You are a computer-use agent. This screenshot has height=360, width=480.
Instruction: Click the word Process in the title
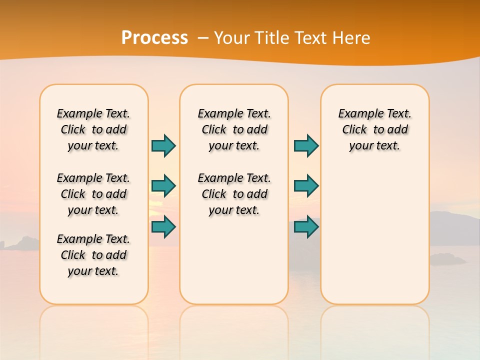click(x=154, y=37)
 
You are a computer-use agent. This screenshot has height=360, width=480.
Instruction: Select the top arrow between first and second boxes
click(x=163, y=145)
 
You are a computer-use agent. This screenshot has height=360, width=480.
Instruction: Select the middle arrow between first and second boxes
click(x=163, y=185)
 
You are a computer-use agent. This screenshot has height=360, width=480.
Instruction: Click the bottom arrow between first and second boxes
click(x=163, y=226)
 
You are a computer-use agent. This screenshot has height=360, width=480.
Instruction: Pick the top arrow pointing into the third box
click(x=306, y=145)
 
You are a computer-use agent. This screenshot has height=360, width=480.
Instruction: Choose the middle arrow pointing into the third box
click(x=306, y=185)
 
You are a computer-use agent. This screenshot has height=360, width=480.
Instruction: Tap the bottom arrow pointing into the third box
click(x=306, y=226)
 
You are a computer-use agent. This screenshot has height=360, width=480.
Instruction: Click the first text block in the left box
click(x=93, y=129)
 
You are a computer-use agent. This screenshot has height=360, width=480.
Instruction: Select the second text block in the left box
click(x=93, y=194)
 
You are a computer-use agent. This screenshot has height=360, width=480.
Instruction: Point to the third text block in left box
click(x=93, y=255)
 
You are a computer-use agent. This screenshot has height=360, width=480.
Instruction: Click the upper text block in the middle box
click(x=234, y=129)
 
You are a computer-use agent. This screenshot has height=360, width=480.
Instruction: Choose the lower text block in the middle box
click(x=234, y=194)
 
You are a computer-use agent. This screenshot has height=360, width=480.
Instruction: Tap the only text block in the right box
click(x=374, y=129)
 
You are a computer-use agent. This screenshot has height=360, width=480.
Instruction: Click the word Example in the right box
click(x=356, y=114)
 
